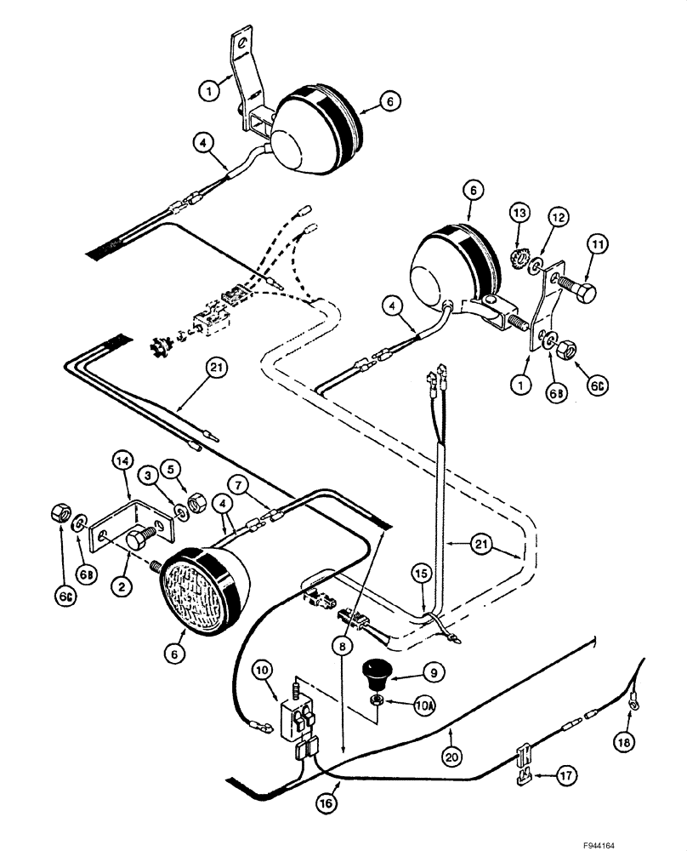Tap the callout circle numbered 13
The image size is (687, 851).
point(520,212)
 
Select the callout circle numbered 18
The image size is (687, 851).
point(624,743)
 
